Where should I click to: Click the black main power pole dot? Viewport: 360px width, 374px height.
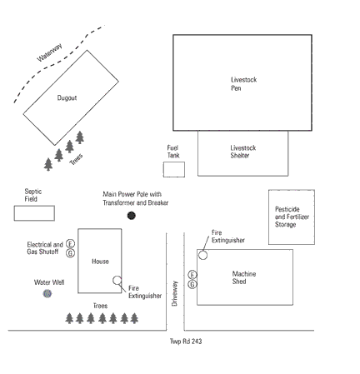point(131,216)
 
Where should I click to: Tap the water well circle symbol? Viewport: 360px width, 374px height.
point(47,293)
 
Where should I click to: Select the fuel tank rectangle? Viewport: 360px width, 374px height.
point(174,169)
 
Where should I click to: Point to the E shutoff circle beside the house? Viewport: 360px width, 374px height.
point(71,244)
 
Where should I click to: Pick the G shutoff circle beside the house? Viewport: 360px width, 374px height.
point(71,253)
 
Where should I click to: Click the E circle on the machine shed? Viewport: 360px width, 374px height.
point(192,275)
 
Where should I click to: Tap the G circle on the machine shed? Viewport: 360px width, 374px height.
point(192,284)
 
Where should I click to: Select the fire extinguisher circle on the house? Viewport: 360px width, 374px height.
point(117,281)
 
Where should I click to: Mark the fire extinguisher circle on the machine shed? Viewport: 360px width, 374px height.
point(202,255)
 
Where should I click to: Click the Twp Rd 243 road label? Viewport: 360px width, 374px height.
point(186,342)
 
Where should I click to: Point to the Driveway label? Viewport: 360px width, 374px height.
point(174,293)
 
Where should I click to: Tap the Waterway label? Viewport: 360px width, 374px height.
point(50,52)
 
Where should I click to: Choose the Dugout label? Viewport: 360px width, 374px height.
point(67,97)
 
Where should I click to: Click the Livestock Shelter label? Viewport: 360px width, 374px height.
point(243,152)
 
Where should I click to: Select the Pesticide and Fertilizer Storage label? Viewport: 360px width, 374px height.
point(292,217)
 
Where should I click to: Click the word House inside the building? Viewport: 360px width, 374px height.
point(100,262)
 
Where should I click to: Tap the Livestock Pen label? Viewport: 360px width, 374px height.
point(244,84)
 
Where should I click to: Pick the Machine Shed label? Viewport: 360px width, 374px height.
point(244,277)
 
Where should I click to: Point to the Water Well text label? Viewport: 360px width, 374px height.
point(49,282)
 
